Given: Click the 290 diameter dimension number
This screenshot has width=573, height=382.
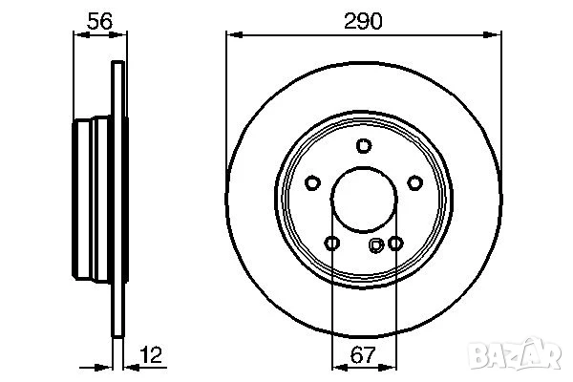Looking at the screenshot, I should pos(363,21).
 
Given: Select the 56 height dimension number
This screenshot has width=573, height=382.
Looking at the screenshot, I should pos(97,21).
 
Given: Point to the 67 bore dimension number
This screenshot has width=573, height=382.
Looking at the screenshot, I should pos(363,356).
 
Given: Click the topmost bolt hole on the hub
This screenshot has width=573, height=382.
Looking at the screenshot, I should pos(363,145).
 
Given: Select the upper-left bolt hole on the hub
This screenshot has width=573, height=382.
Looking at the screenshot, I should pos(312,183).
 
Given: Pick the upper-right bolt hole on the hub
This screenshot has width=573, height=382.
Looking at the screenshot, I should pos(414,183).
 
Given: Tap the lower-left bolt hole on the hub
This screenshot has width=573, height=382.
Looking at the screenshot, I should pos(331,244).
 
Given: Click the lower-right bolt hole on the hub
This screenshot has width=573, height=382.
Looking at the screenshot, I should pos(395,244).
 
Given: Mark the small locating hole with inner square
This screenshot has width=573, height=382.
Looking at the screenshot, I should pos(376,245).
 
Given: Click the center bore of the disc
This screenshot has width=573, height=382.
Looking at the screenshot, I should pos(363,201).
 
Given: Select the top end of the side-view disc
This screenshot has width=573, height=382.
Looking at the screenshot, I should pos(117,65).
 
